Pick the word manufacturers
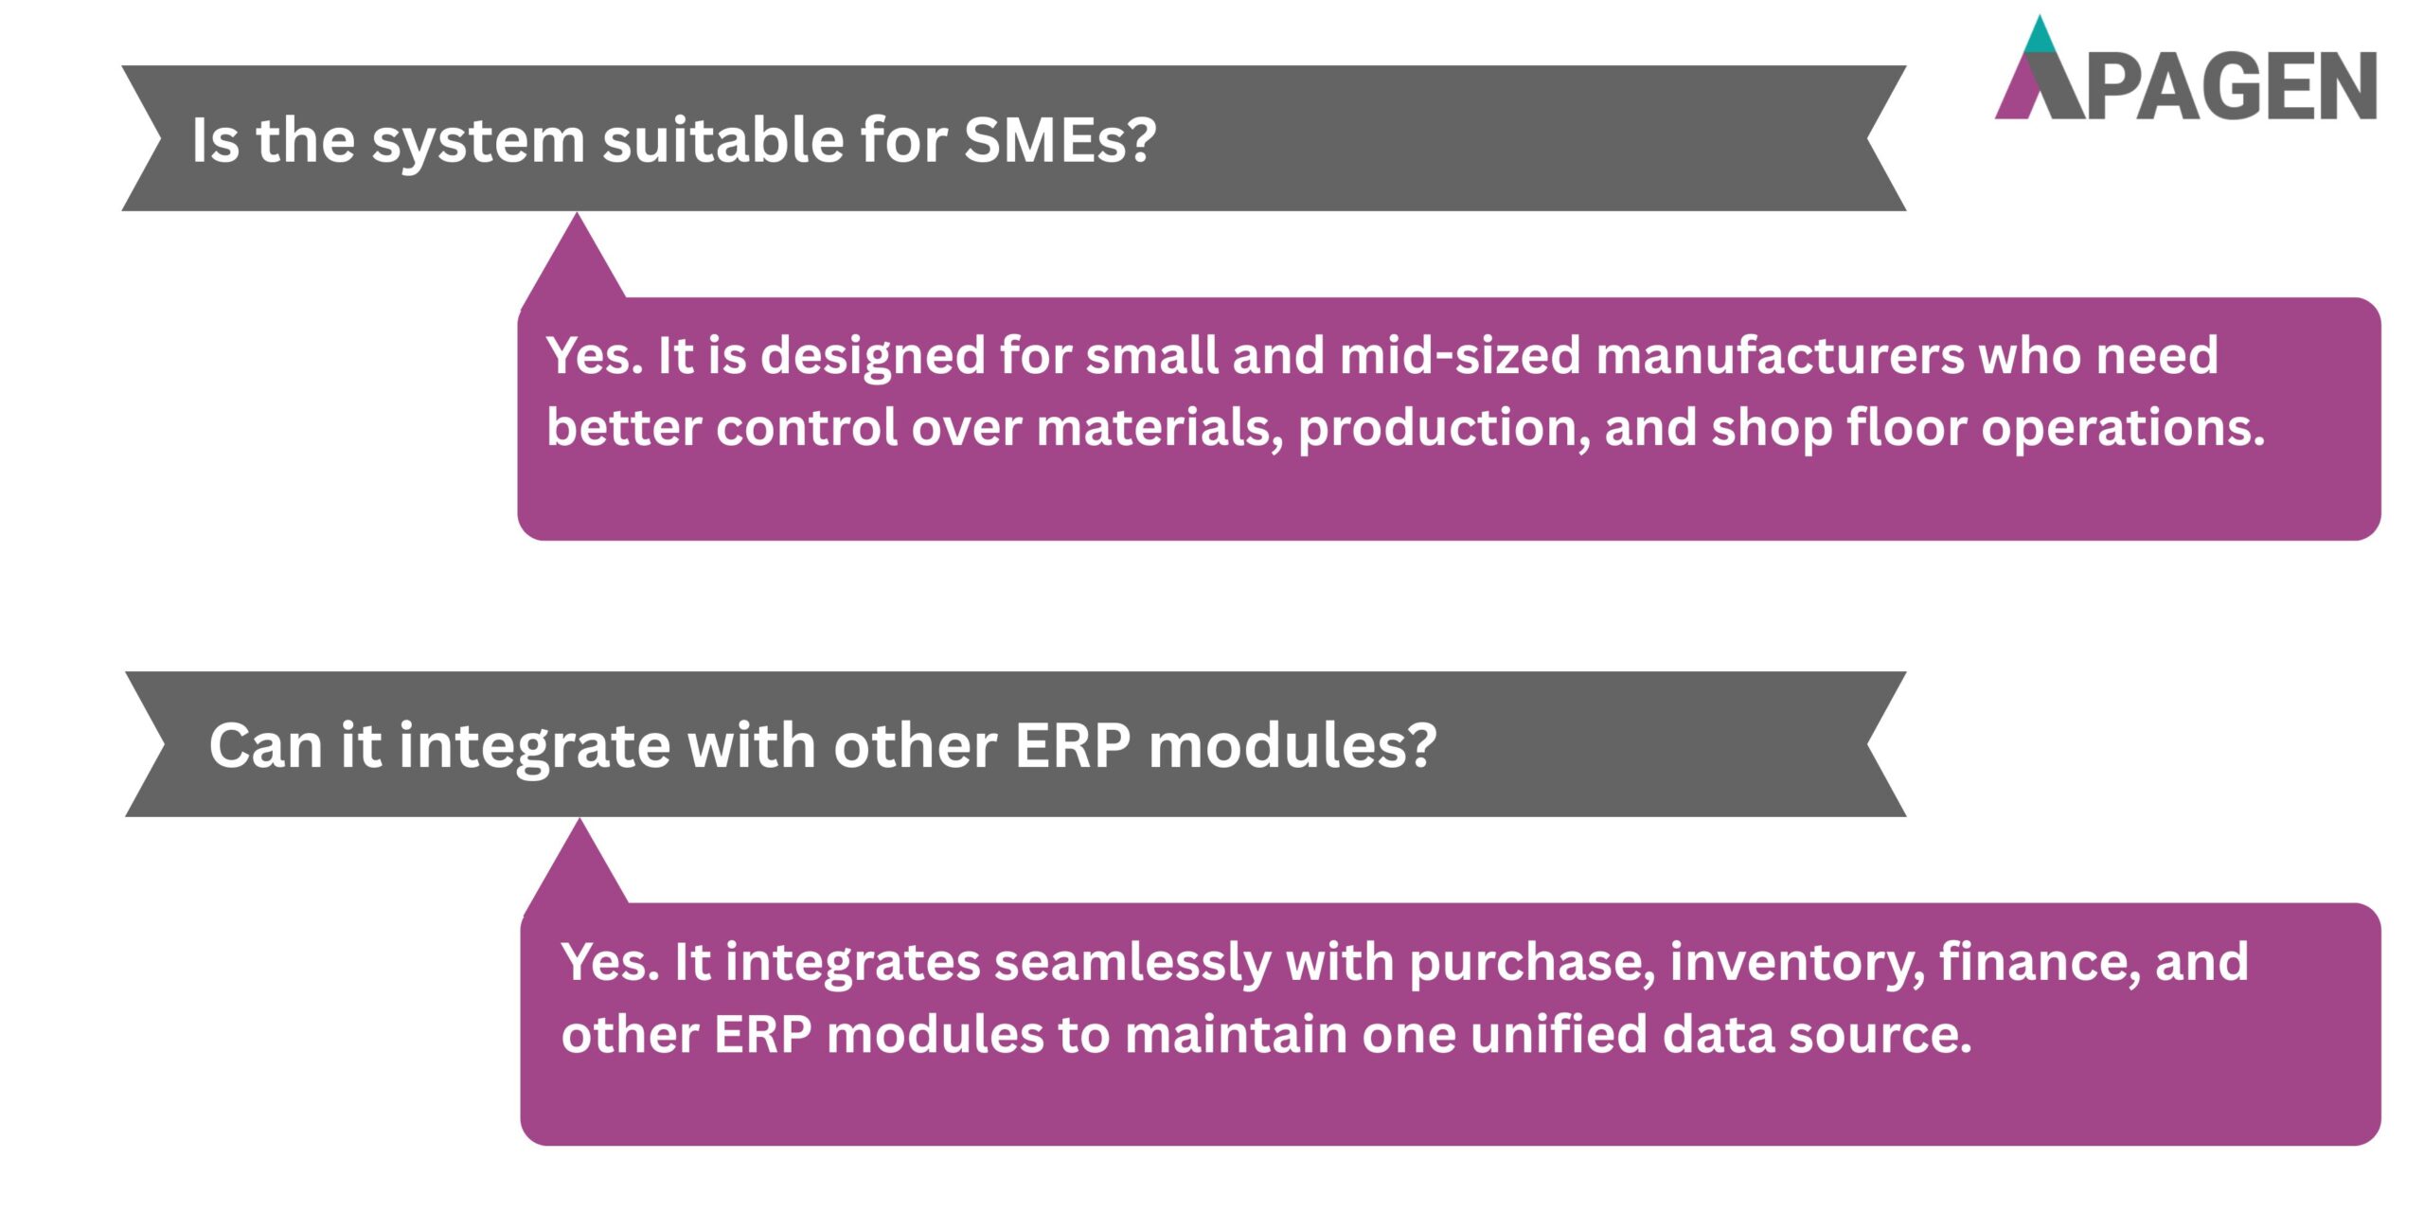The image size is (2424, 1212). (1780, 356)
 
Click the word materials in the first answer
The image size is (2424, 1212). (1160, 429)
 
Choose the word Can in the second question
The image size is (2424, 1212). (265, 746)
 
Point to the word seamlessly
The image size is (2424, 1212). (1132, 964)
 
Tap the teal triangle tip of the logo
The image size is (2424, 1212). (2041, 35)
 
